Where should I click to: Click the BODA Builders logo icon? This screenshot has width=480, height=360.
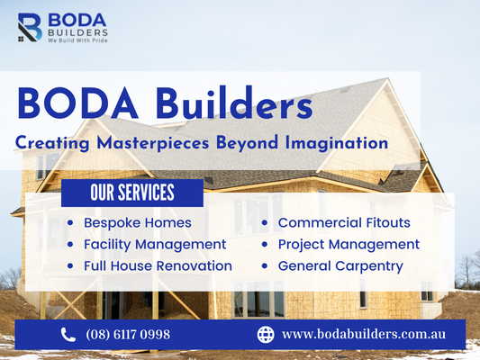(30, 27)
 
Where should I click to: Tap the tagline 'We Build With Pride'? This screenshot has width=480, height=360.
(77, 40)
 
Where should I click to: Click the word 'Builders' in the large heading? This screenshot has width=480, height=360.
(234, 103)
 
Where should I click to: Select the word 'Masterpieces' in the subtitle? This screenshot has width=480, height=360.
(153, 143)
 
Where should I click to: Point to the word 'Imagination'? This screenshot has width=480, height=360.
(337, 143)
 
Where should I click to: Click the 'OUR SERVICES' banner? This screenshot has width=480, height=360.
(132, 193)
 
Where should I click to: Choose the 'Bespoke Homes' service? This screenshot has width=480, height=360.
(138, 222)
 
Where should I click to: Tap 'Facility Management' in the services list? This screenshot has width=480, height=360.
(155, 245)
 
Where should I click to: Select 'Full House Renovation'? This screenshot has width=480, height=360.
(158, 265)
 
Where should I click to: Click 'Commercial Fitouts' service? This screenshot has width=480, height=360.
(344, 222)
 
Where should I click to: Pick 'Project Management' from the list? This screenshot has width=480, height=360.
(349, 245)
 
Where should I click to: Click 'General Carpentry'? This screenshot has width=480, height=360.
(340, 266)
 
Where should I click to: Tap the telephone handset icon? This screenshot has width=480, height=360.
(68, 334)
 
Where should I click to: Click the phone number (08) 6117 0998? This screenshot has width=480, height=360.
(128, 334)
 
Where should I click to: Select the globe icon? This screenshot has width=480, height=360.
(266, 334)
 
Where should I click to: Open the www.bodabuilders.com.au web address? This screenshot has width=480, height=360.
(364, 334)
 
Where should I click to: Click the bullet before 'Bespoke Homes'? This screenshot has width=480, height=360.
(70, 223)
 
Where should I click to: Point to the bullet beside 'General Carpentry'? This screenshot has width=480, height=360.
(265, 266)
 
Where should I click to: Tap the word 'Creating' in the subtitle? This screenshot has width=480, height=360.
(52, 143)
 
